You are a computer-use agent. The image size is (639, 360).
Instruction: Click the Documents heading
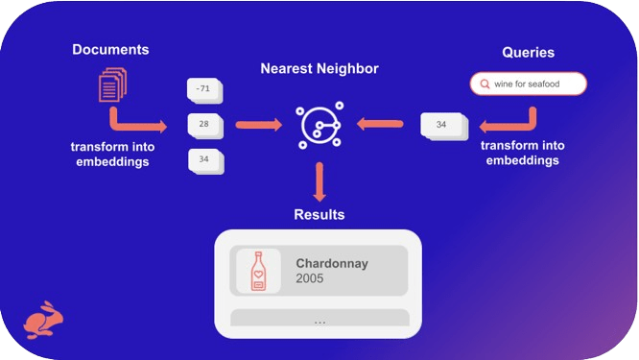[x=110, y=50]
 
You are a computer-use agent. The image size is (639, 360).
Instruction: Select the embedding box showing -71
[x=204, y=90]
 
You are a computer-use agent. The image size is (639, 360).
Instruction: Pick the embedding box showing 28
[x=204, y=125]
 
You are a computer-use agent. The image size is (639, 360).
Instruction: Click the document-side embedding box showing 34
[x=204, y=159]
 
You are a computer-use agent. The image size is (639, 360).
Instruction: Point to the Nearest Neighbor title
[x=319, y=69]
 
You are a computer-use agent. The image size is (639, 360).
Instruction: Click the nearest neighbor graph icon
[x=319, y=125]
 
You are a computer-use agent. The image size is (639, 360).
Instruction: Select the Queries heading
[x=528, y=53]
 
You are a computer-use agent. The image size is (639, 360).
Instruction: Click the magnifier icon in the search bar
[x=485, y=84]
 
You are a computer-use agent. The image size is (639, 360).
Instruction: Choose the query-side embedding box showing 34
[x=441, y=126]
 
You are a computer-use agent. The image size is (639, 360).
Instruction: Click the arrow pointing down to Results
[x=319, y=180]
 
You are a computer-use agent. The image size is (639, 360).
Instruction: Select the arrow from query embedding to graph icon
[x=381, y=124]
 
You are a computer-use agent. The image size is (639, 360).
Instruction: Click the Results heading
[x=319, y=214]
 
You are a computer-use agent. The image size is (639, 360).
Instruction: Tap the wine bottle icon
[x=258, y=271]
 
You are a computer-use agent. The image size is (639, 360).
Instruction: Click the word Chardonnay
[x=332, y=263]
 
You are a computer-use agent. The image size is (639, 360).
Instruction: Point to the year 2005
[x=310, y=279]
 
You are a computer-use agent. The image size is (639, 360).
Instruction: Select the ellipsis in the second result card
[x=319, y=322]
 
